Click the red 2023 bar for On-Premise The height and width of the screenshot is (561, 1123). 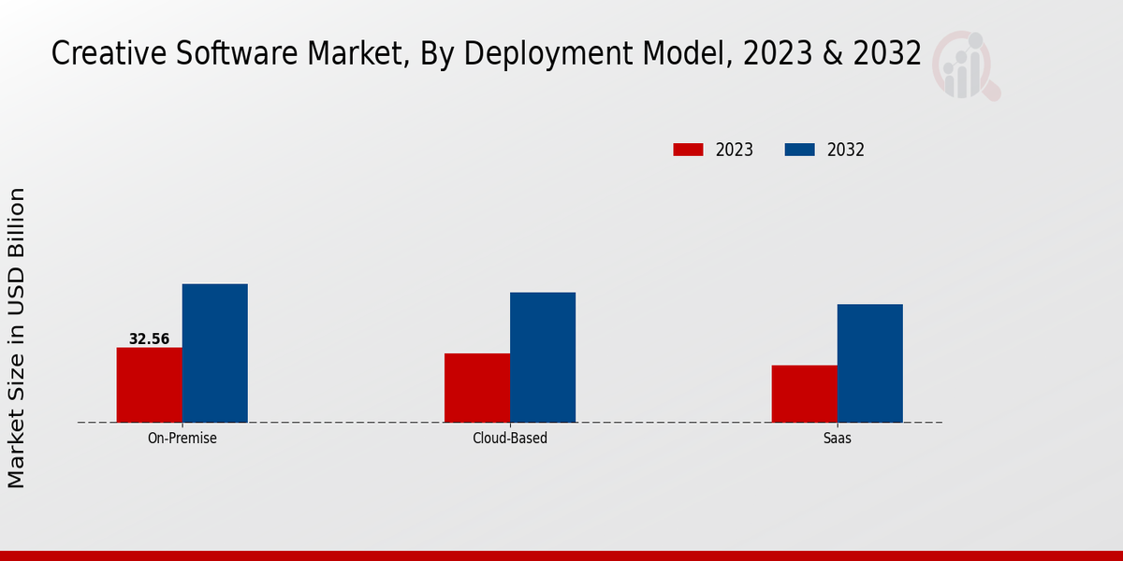click(x=150, y=384)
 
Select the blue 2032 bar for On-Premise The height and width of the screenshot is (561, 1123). click(x=215, y=352)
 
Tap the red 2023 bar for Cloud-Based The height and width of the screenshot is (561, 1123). click(x=477, y=387)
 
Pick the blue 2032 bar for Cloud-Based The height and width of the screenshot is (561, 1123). click(x=543, y=357)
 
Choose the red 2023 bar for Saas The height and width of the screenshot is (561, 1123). click(x=805, y=393)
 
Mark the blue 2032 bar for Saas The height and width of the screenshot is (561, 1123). click(x=870, y=363)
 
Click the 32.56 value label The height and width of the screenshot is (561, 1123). click(x=150, y=339)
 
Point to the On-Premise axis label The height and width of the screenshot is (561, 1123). click(x=182, y=438)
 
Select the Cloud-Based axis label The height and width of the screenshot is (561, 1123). click(x=510, y=438)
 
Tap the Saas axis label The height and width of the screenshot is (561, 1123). click(x=838, y=438)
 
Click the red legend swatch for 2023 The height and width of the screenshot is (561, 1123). click(x=688, y=150)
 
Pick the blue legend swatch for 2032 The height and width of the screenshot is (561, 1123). click(x=799, y=150)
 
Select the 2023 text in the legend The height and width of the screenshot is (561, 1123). click(x=735, y=150)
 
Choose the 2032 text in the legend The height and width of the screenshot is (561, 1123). click(x=846, y=150)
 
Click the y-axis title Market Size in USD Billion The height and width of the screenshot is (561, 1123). click(x=17, y=337)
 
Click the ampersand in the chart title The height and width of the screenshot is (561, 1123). click(x=835, y=53)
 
